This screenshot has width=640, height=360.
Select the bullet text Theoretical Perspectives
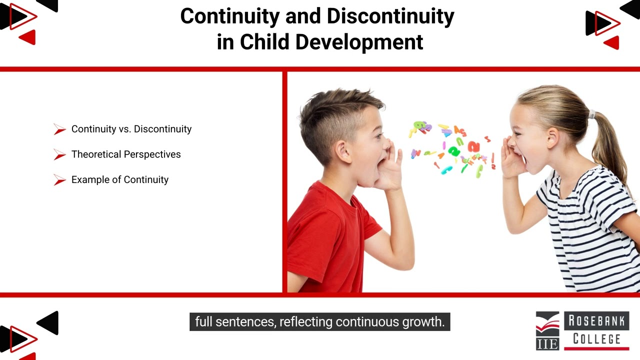(x=126, y=154)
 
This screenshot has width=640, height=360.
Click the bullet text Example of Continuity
(x=120, y=180)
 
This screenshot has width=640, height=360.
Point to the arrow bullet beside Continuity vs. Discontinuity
(x=59, y=129)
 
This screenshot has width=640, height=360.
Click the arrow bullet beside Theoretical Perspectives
(x=59, y=155)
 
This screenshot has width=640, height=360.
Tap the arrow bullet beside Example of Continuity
(x=59, y=180)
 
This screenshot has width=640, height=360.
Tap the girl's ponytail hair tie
(x=592, y=114)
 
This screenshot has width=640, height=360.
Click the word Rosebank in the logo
(x=596, y=321)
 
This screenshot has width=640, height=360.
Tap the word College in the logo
(x=596, y=338)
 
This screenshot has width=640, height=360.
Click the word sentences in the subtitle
(x=251, y=321)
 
